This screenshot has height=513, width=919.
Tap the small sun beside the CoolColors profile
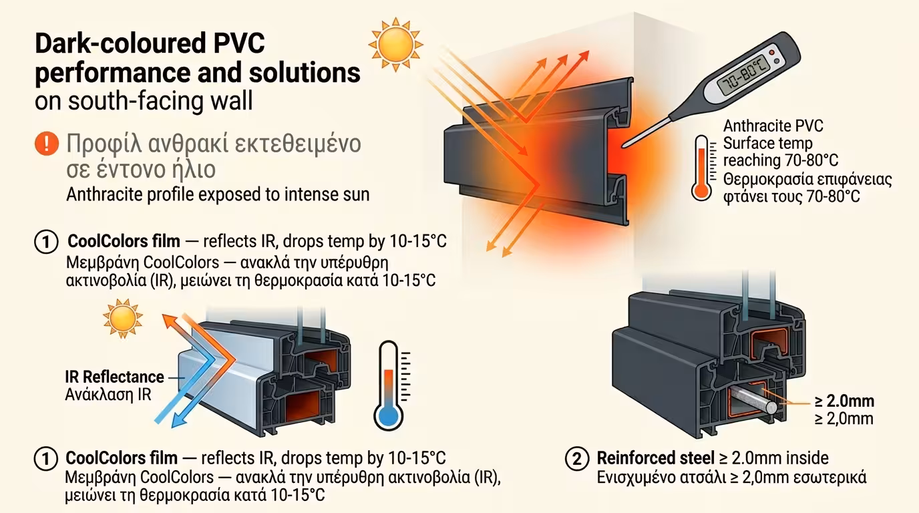pyautogui.click(x=123, y=319)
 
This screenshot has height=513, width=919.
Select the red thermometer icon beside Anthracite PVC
pyautogui.click(x=701, y=168)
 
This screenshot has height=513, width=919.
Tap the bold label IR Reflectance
pyautogui.click(x=114, y=377)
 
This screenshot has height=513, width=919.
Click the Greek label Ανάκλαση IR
pyautogui.click(x=108, y=394)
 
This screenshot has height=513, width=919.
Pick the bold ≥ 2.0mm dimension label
pyautogui.click(x=844, y=401)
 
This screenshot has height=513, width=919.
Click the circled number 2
pyautogui.click(x=576, y=459)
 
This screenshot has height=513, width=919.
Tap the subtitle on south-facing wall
pyautogui.click(x=144, y=102)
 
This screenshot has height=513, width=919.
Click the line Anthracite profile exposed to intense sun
pyautogui.click(x=218, y=194)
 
